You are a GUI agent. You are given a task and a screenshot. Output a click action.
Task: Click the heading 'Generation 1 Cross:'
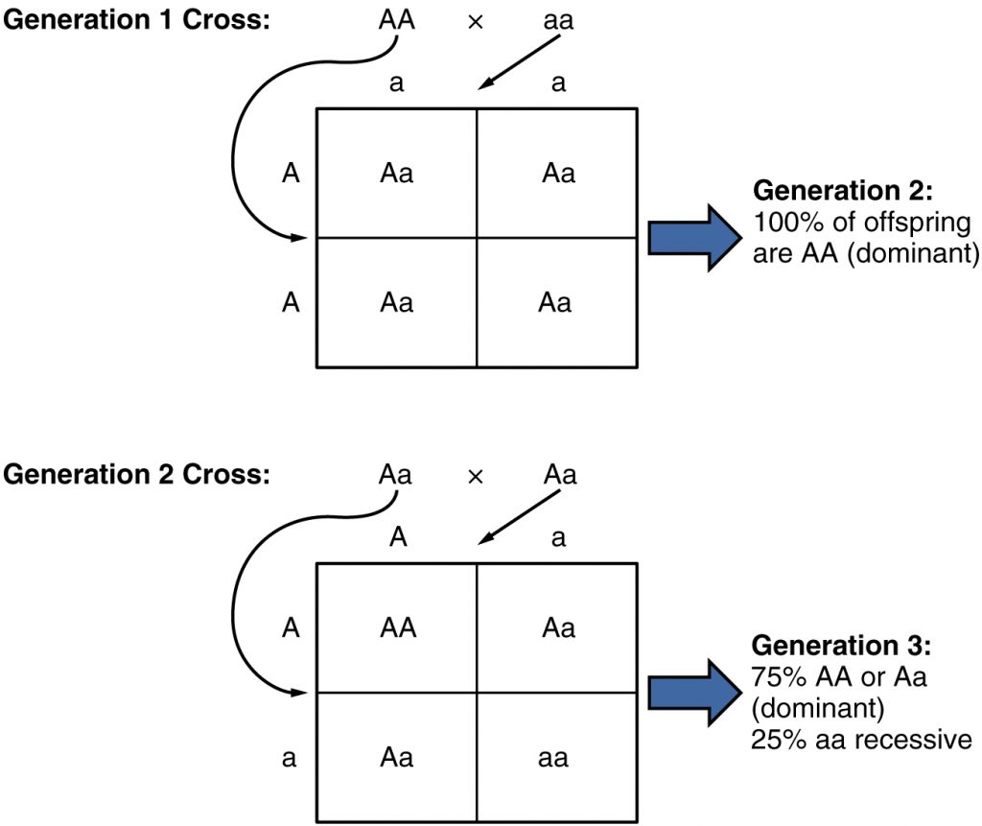pos(136,20)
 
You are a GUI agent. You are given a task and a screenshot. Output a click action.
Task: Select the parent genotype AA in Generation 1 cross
pos(397,20)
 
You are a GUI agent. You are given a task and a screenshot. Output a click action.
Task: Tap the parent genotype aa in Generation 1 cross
pos(557,20)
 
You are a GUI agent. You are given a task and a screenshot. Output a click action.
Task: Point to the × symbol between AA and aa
pos(474,22)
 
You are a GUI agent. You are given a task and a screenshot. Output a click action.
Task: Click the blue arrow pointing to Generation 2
pos(686,237)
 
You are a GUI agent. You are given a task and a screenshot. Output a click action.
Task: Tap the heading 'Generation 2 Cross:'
pos(136,475)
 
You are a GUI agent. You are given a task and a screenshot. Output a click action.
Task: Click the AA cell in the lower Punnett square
pos(397,628)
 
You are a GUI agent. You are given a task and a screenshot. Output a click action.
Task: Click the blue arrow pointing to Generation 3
pos(686,692)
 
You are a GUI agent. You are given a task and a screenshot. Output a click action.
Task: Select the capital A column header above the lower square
pos(397,538)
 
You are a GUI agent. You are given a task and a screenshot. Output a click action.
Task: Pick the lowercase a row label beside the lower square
pos(289,758)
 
